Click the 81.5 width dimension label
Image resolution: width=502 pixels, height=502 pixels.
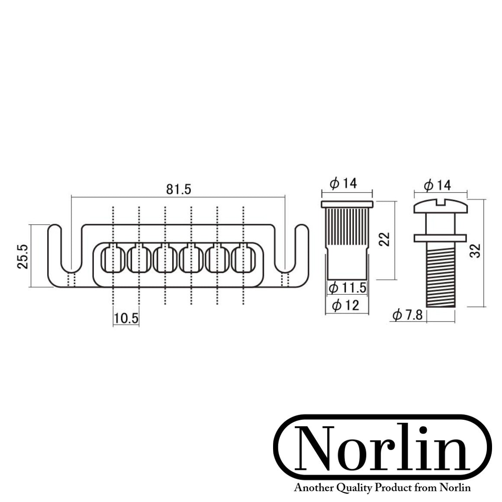(x=178, y=190)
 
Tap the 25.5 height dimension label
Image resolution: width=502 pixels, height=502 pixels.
(x=23, y=256)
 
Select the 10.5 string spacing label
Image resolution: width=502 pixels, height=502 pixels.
(x=126, y=319)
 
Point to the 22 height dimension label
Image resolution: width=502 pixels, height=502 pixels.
(x=384, y=239)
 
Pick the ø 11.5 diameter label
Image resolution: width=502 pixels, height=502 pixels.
(x=348, y=287)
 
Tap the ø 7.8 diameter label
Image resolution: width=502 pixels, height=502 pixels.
(x=407, y=315)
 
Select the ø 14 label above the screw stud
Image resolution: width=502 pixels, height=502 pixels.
(x=438, y=186)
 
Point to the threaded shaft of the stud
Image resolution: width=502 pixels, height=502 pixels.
(x=440, y=277)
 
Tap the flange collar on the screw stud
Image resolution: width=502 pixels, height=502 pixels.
(x=440, y=238)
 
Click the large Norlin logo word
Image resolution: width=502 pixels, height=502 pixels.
(x=383, y=449)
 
